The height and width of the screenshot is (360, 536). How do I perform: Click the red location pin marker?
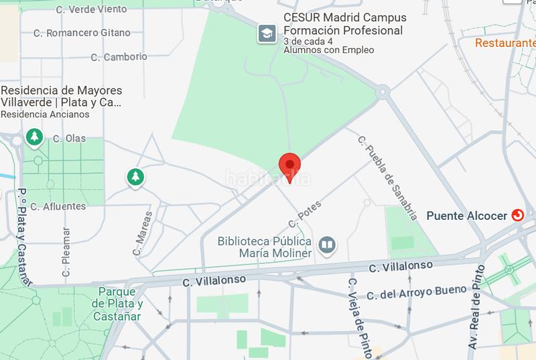[289, 164]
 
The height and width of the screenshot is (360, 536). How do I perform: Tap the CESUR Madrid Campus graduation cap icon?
[267, 33]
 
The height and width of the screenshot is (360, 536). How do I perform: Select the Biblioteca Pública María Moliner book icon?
[327, 245]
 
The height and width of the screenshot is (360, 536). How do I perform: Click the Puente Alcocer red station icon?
[518, 215]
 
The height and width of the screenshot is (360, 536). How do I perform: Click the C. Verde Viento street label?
[91, 9]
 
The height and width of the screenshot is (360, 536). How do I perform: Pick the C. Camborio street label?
[118, 57]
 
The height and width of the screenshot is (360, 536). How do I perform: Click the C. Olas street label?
[70, 139]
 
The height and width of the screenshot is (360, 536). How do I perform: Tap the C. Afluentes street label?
[58, 206]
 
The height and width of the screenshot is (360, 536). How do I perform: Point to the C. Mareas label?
[143, 233]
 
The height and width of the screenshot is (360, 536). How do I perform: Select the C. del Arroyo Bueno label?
[417, 292]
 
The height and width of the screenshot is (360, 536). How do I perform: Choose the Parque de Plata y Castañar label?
[117, 304]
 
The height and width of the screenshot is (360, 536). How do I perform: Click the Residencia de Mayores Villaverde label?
[62, 97]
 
